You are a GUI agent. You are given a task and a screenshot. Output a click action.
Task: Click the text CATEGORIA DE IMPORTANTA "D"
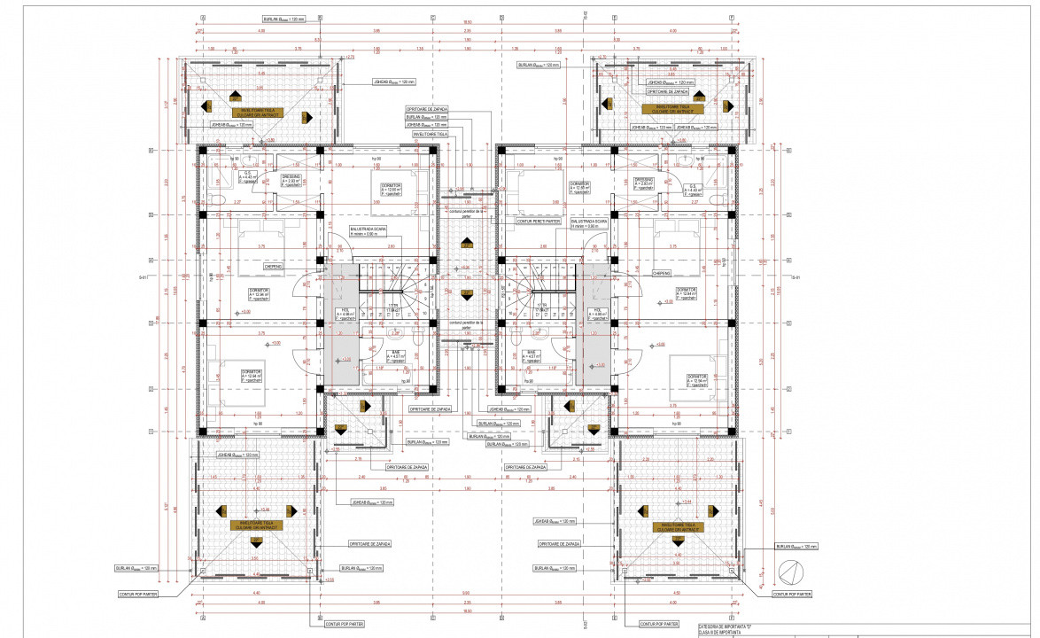pos(731,625)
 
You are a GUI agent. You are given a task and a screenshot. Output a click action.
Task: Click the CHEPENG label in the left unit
pos(273,266)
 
